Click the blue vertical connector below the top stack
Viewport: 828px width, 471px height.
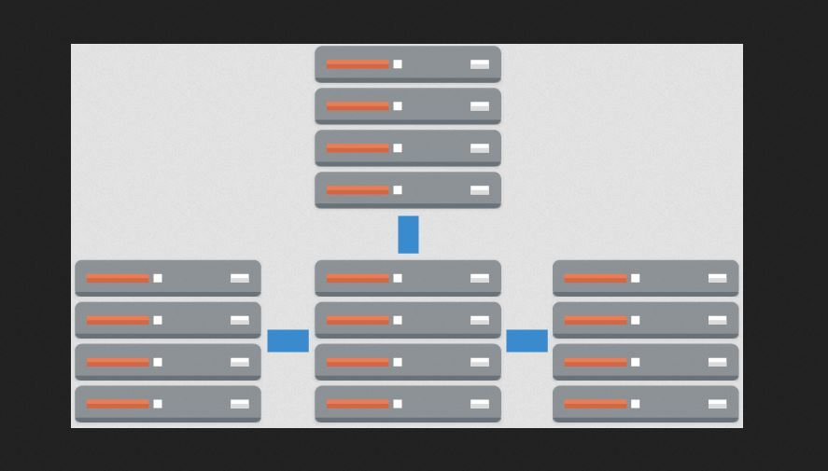coord(408,234)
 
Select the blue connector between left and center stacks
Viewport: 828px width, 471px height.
coord(288,340)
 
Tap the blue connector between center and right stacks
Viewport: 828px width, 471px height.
coord(526,340)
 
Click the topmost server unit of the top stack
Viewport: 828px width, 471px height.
coord(408,64)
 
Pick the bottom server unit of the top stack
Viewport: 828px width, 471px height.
coord(408,190)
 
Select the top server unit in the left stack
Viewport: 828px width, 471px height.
coord(168,278)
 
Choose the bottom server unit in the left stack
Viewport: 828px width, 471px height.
coord(168,404)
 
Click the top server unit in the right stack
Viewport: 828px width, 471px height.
coord(645,278)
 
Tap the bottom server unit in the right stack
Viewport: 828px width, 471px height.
coord(645,404)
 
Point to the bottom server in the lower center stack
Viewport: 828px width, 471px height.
coord(408,404)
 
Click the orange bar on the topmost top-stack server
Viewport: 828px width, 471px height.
coord(358,64)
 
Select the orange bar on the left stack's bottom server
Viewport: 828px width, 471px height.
coord(118,404)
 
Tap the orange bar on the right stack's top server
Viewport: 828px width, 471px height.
coord(596,278)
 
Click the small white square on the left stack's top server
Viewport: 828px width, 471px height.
coord(158,278)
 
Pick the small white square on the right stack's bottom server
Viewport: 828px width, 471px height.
coord(636,404)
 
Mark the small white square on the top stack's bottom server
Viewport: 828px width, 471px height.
coord(398,190)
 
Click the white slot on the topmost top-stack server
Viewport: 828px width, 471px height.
coord(480,64)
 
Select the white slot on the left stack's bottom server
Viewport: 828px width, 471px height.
coord(240,404)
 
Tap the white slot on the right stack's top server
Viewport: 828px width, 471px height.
coord(717,278)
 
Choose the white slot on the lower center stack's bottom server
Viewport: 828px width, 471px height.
coord(480,404)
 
